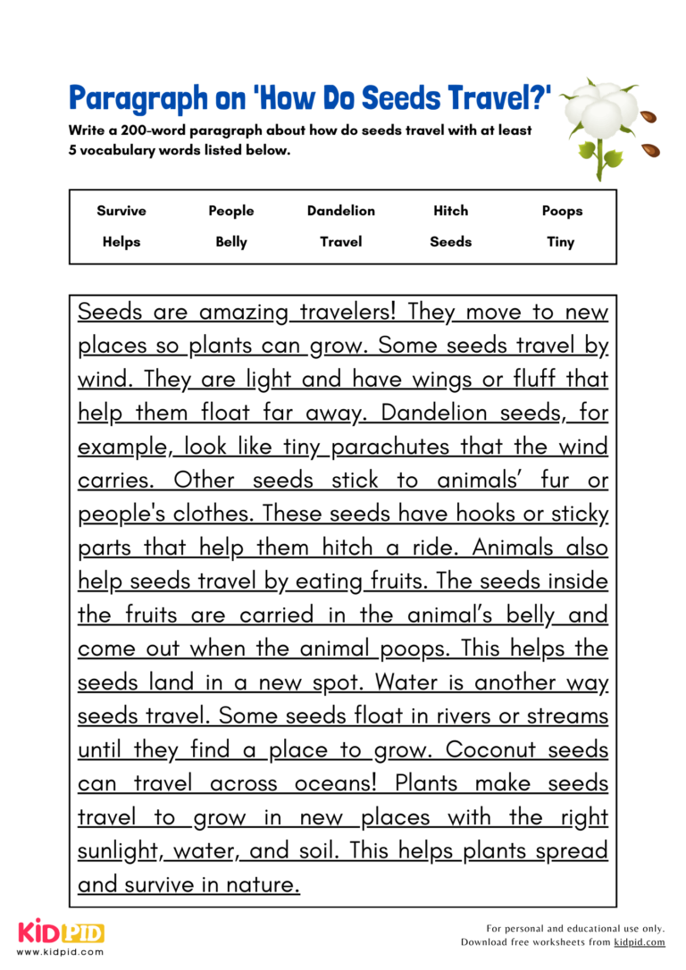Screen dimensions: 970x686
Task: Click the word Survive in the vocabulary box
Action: (121, 211)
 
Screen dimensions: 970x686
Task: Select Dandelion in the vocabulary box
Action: (340, 211)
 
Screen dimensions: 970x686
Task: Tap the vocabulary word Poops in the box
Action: (561, 211)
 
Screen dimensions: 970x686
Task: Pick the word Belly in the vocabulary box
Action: (231, 241)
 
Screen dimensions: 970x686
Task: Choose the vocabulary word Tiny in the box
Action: (561, 241)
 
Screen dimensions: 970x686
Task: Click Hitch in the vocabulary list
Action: (450, 211)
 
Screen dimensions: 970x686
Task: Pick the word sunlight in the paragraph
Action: (120, 851)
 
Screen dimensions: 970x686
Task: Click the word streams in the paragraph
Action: (566, 716)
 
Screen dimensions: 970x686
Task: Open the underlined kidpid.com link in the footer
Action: (639, 942)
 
